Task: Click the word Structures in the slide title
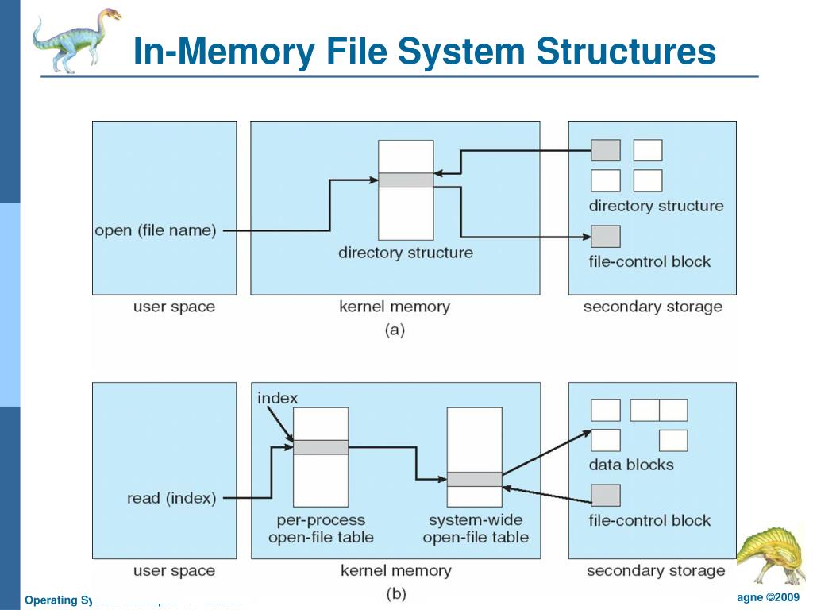(626, 52)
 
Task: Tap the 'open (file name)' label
(156, 231)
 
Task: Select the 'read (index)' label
(171, 499)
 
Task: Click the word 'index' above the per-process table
(278, 398)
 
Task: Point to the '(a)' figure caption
(395, 330)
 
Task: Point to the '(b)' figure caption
(395, 593)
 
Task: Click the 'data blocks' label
(631, 465)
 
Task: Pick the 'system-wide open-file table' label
(476, 529)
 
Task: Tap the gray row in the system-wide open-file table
(474, 479)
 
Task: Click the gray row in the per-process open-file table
(321, 447)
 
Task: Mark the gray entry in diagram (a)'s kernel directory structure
(406, 180)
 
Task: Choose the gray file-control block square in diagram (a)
(606, 236)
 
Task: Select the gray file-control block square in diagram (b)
(606, 496)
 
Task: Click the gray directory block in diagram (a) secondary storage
(606, 150)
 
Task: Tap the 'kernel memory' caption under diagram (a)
(395, 307)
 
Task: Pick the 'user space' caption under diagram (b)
(174, 570)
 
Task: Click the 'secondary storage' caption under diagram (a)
(653, 307)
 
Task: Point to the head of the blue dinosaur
(107, 16)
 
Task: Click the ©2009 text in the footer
(780, 597)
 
